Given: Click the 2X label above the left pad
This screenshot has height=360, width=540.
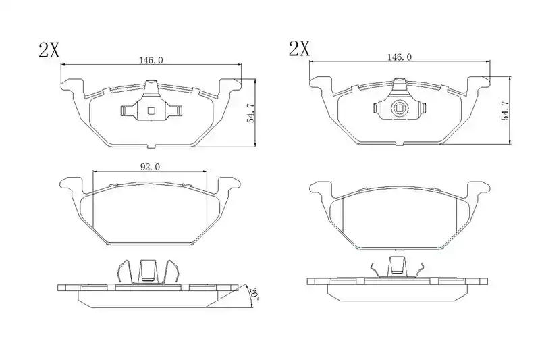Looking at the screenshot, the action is tap(49, 50).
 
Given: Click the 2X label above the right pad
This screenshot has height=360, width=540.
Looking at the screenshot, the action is tap(299, 49).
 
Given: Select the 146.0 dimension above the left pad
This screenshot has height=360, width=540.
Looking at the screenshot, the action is tap(151, 60).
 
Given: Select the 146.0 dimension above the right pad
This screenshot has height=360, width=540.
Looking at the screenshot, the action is tap(400, 57).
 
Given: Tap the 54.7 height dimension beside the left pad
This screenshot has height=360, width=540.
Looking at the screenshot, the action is tap(250, 113).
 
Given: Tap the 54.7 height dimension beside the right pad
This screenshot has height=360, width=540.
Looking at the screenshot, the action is tap(505, 110).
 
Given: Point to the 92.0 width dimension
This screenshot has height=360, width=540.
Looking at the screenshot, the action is tap(150, 167).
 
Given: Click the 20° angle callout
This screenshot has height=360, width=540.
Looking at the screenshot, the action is tap(254, 294).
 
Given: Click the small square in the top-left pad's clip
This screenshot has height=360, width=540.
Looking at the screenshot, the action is tap(151, 111).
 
